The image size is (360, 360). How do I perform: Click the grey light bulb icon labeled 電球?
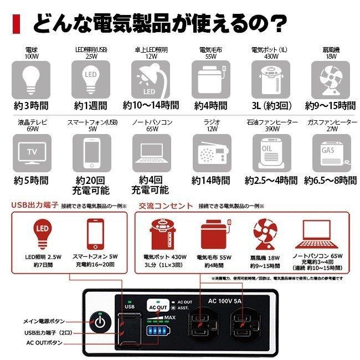(x=31, y=79)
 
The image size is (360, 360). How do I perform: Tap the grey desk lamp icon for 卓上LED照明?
(x=151, y=79)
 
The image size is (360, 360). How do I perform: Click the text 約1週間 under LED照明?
(x=91, y=105)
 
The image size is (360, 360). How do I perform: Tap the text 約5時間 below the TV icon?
(x=31, y=180)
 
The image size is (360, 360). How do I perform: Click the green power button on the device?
(x=100, y=322)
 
